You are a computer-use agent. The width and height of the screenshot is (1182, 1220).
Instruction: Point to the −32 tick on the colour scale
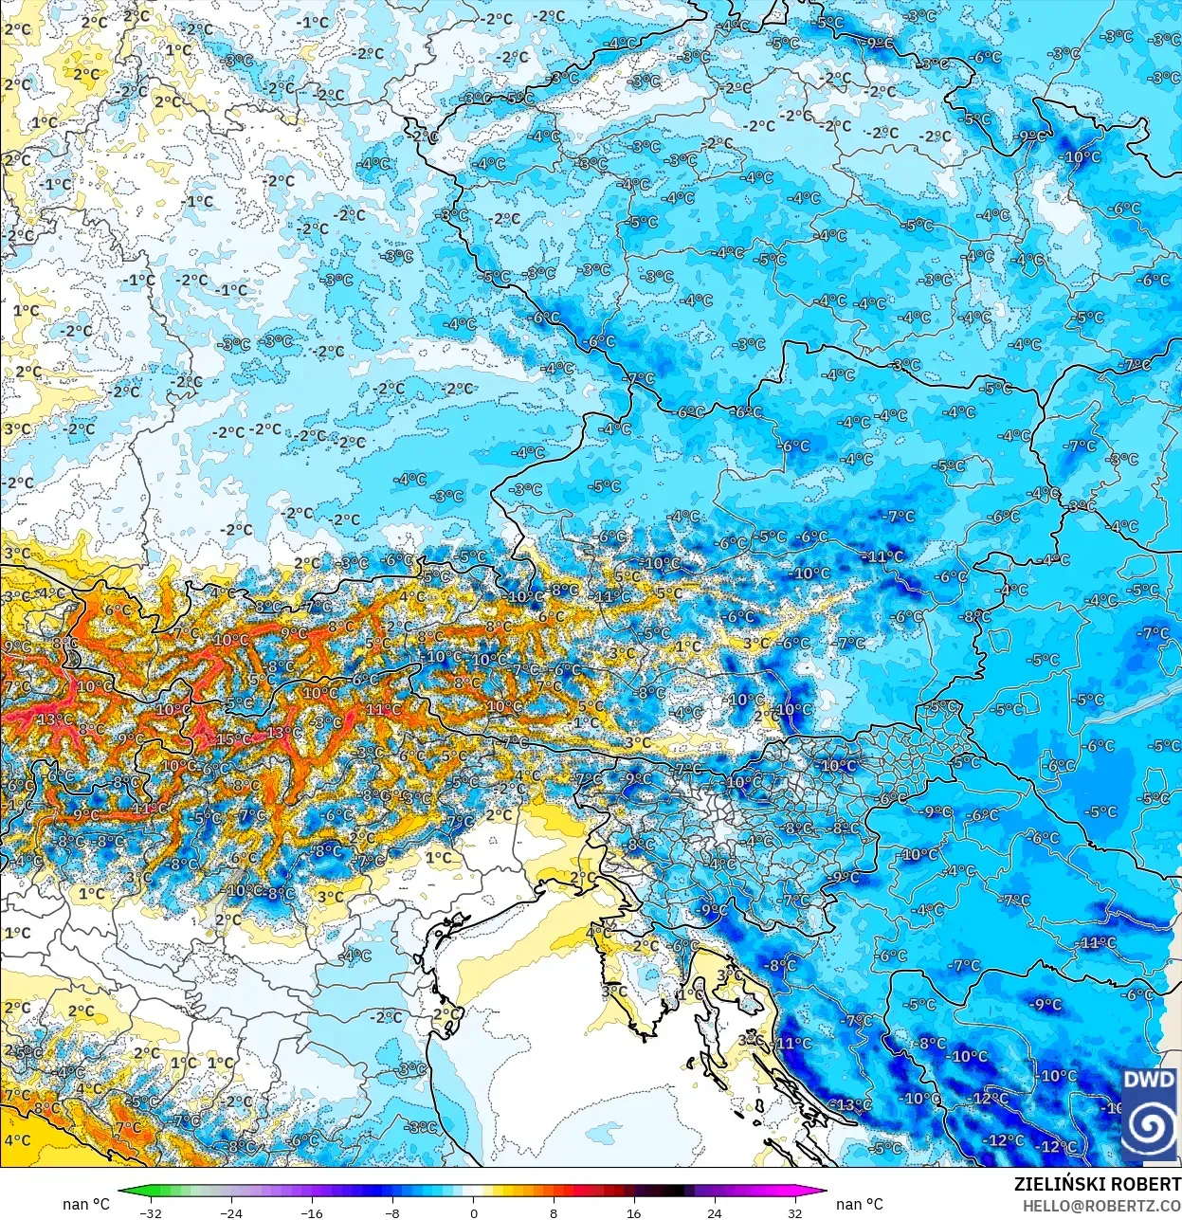(x=150, y=1212)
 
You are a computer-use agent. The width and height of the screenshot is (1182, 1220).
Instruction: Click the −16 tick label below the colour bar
(x=312, y=1212)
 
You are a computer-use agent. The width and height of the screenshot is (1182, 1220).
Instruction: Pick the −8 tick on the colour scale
(x=392, y=1212)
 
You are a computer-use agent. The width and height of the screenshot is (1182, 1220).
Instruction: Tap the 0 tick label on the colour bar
(x=473, y=1212)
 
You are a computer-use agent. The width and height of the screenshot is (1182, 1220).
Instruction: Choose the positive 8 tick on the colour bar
(x=554, y=1212)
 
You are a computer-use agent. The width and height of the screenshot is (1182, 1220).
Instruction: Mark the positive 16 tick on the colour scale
(x=634, y=1212)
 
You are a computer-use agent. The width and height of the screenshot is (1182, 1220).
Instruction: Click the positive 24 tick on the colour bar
(x=715, y=1212)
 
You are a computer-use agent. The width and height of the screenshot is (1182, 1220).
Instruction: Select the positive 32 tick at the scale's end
(x=794, y=1212)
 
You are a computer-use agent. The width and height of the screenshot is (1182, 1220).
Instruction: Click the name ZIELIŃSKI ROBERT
(x=1097, y=1184)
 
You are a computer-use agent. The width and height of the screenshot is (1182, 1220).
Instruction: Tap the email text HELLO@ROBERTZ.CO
(x=1100, y=1205)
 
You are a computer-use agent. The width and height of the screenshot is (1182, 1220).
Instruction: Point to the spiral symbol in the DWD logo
(x=1149, y=1127)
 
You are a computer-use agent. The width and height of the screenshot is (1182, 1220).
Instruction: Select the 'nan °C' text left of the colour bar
(x=86, y=1204)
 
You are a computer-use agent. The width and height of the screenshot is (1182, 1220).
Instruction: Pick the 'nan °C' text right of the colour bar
(x=860, y=1204)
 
